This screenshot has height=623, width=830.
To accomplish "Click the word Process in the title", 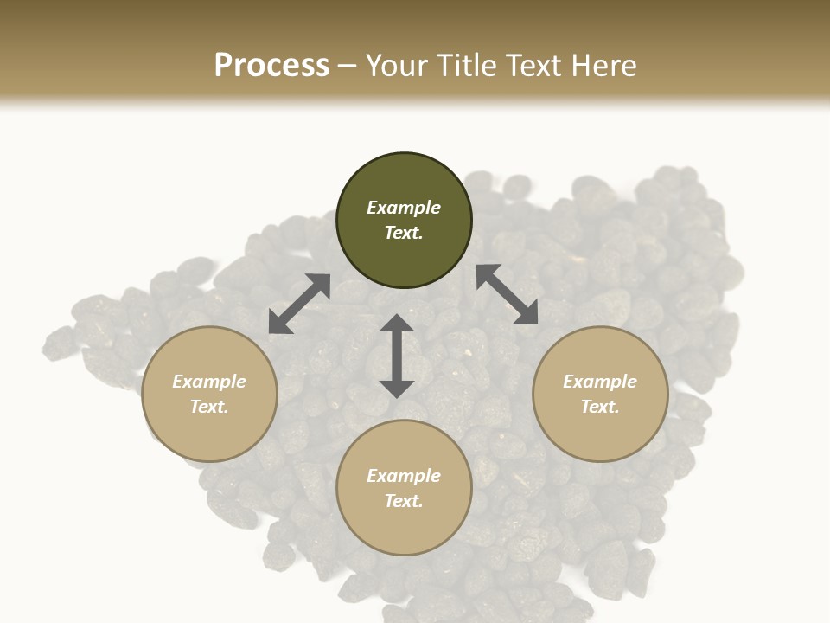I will pyautogui.click(x=271, y=66).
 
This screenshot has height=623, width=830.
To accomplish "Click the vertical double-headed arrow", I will pyautogui.click(x=397, y=356).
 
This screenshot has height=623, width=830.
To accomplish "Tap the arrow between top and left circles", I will pyautogui.click(x=299, y=304).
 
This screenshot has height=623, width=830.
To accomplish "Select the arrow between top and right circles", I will pyautogui.click(x=507, y=294).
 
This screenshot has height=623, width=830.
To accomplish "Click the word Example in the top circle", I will pyautogui.click(x=404, y=208).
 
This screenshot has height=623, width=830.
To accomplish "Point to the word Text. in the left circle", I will pyautogui.click(x=209, y=407).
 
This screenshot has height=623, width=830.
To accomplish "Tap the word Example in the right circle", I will pyautogui.click(x=600, y=382).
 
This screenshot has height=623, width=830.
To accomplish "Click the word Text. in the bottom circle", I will pyautogui.click(x=404, y=501).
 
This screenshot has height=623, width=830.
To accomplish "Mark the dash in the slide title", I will pyautogui.click(x=348, y=66).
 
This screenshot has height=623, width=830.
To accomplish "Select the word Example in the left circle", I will pyautogui.click(x=209, y=382).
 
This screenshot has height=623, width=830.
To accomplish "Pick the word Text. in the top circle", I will pyautogui.click(x=404, y=233).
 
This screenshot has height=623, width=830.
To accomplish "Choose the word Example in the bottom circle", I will pyautogui.click(x=404, y=476).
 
